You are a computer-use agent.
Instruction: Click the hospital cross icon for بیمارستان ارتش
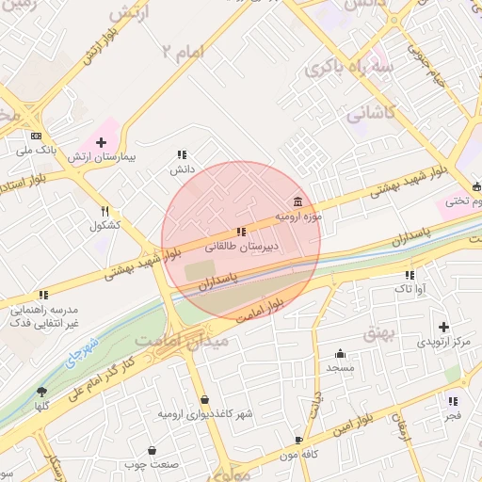(x=102, y=142)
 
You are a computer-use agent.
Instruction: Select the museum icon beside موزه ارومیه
(x=298, y=202)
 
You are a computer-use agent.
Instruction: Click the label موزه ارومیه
(x=298, y=217)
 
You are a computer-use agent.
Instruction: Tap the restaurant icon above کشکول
(x=105, y=211)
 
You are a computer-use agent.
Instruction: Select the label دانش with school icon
(x=181, y=169)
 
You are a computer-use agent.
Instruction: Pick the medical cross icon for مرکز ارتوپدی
(x=443, y=327)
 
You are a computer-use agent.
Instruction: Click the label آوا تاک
(x=410, y=288)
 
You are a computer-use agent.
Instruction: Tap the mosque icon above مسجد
(x=339, y=354)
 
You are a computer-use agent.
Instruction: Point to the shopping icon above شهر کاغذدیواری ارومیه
(x=205, y=400)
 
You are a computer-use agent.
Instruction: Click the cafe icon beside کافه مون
(x=299, y=440)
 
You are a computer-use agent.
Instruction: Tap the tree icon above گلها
(x=41, y=391)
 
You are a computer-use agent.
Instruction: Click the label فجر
(x=454, y=414)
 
